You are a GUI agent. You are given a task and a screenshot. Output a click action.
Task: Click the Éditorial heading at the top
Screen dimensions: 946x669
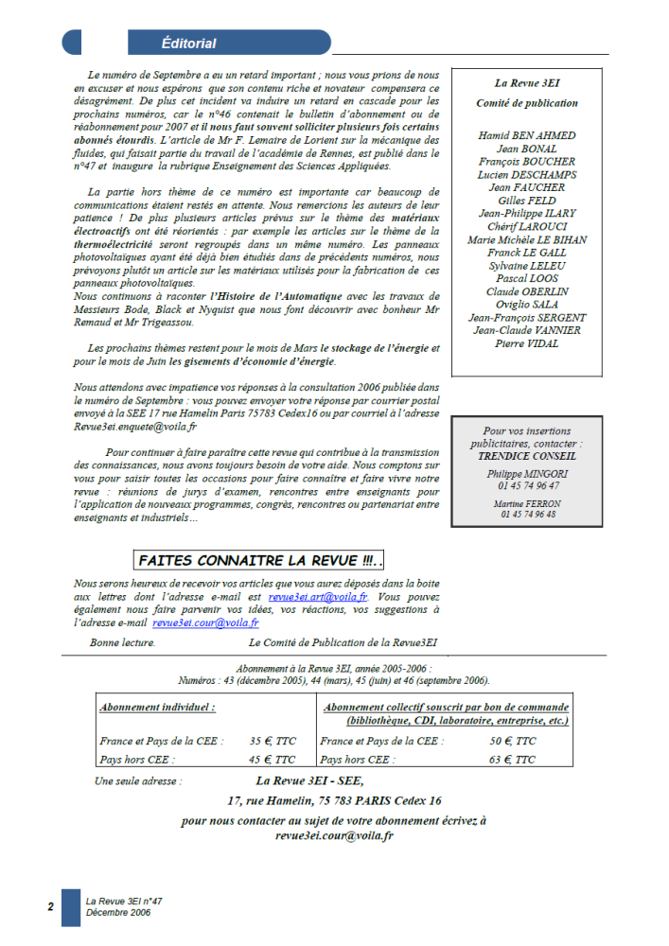click(188, 44)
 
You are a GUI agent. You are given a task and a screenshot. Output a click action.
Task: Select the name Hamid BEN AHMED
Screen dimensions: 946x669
click(526, 135)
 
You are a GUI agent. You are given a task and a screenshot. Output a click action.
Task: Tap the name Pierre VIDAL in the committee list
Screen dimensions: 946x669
click(526, 343)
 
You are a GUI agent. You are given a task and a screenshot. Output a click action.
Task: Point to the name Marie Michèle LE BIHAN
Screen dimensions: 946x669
click(526, 239)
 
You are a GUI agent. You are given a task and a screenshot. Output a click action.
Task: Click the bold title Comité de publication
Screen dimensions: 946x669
click(527, 103)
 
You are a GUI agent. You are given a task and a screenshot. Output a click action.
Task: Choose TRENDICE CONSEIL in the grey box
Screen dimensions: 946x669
click(527, 456)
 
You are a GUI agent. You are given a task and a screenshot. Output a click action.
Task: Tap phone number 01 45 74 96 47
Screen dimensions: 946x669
click(527, 485)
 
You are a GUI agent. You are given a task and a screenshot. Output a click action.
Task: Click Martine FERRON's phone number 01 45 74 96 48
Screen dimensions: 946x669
click(527, 515)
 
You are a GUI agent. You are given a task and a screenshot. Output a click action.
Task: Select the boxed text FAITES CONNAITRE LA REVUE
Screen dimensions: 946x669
click(258, 560)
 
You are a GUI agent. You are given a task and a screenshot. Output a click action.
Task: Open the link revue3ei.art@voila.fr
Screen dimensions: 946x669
click(318, 598)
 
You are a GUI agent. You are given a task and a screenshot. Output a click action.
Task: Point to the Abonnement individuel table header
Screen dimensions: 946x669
click(157, 707)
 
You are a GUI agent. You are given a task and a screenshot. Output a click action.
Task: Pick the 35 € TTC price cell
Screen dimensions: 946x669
click(273, 742)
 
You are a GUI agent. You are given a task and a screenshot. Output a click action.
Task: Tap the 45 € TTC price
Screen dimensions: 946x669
click(273, 760)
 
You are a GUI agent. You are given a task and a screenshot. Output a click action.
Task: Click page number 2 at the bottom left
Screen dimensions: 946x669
click(49, 906)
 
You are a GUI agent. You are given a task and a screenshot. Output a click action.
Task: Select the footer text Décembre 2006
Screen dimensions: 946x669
click(117, 913)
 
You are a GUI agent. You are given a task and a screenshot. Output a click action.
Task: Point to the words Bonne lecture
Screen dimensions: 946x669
click(123, 642)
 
